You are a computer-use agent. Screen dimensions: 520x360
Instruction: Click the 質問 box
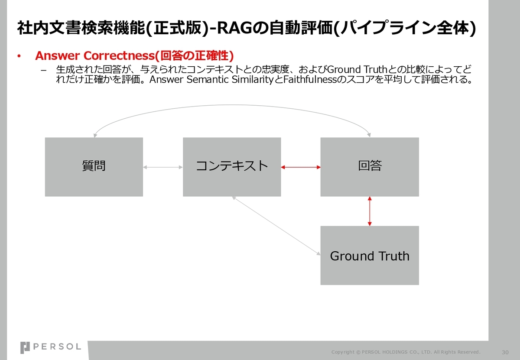(x=94, y=167)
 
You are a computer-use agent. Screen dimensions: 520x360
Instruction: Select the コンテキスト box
(x=232, y=167)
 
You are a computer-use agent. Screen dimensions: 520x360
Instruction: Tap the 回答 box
(x=370, y=167)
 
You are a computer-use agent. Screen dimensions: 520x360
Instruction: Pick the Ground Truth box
(x=370, y=255)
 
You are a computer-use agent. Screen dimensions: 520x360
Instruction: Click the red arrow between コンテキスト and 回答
(x=301, y=167)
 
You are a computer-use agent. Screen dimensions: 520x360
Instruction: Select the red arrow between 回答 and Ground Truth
(x=370, y=211)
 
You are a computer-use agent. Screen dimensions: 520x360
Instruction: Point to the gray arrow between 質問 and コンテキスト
(x=163, y=167)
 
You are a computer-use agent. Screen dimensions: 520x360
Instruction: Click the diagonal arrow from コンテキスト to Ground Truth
(x=276, y=226)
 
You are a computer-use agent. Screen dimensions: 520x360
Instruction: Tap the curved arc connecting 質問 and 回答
(x=232, y=105)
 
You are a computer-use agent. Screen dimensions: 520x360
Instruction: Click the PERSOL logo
(x=51, y=347)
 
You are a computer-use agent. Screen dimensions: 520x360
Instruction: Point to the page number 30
(x=505, y=352)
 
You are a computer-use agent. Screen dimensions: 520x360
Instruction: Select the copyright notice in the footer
(x=406, y=352)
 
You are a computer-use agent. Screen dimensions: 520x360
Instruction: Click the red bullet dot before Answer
(x=19, y=56)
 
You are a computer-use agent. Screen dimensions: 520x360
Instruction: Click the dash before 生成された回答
(x=43, y=70)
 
